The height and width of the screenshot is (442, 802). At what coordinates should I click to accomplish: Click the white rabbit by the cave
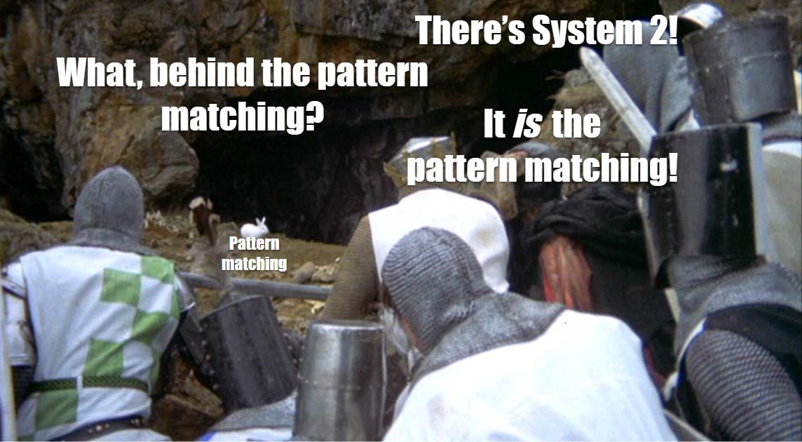pyautogui.click(x=254, y=227)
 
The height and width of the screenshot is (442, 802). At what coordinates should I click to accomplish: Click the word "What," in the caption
pyautogui.click(x=97, y=74)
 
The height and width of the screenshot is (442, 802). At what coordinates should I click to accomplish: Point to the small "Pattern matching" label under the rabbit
pyautogui.click(x=254, y=253)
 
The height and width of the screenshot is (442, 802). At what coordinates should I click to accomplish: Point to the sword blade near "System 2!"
pyautogui.click(x=617, y=98)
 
